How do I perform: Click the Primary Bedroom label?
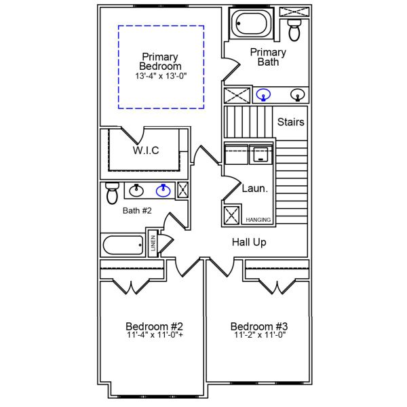pos(160,62)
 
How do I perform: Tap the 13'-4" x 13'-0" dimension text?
pos(160,77)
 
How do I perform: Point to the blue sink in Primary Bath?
pos(265,95)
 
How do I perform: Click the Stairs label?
pos(290,123)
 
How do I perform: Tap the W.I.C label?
pos(145,151)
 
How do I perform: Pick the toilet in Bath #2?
pos(113,193)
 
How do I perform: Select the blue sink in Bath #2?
pos(163,191)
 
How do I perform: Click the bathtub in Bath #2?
pos(122,245)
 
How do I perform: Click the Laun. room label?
pos(255,189)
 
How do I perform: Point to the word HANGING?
pos(258,220)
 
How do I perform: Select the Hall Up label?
pos(249,242)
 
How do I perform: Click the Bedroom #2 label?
pos(154,326)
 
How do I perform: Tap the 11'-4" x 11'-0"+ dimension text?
pos(154,335)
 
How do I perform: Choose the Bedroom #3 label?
pos(258,326)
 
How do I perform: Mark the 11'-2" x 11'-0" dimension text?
pos(258,335)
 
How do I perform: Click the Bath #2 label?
pos(137,211)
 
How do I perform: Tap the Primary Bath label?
pos(268,57)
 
